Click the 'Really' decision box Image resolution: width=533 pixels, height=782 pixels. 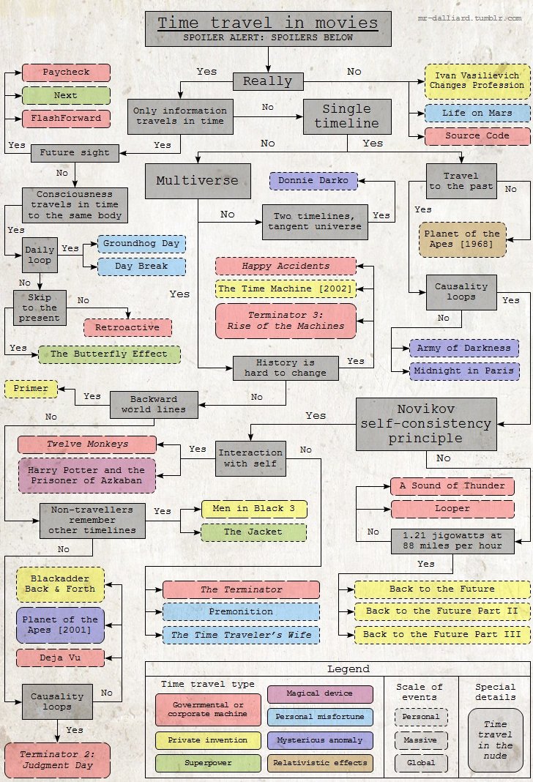click(x=267, y=81)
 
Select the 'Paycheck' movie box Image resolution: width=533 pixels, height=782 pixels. click(x=66, y=72)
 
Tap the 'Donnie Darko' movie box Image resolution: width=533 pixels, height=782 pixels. click(x=313, y=180)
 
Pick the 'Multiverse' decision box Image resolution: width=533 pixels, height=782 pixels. click(x=187, y=180)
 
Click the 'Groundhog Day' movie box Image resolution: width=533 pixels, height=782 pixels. click(x=142, y=243)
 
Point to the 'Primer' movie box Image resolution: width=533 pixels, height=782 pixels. click(x=31, y=389)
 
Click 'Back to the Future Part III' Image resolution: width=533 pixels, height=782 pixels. click(x=442, y=634)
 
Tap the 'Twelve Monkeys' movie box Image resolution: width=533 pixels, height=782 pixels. click(x=87, y=444)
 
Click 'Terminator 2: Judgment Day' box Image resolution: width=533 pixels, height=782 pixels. click(x=57, y=759)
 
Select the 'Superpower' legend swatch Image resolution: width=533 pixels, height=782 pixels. click(x=208, y=763)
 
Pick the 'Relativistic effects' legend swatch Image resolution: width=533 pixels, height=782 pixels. click(x=320, y=763)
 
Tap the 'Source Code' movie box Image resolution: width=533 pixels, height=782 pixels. click(x=477, y=135)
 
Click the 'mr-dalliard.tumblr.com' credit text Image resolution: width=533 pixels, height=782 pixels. click(x=471, y=15)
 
